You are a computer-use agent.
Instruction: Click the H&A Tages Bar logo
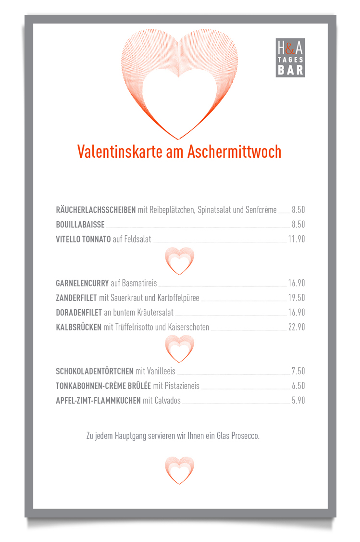tap(290, 57)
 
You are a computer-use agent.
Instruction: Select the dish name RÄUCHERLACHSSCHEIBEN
tap(96, 210)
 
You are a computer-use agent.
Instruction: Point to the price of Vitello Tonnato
tap(297, 239)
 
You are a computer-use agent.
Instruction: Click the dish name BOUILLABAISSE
tap(80, 225)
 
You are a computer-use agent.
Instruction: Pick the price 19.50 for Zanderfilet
tap(297, 298)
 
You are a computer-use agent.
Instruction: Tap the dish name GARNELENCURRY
tap(82, 283)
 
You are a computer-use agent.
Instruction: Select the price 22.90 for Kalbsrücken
tap(297, 328)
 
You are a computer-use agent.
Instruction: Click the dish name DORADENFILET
tap(79, 313)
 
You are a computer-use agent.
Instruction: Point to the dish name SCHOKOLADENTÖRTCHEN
tap(95, 371)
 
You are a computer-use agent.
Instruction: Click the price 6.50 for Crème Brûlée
tap(298, 386)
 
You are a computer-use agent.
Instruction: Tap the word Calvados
tap(167, 401)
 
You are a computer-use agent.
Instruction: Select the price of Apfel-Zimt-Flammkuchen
tap(298, 401)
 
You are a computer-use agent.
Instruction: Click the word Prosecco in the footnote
tap(245, 436)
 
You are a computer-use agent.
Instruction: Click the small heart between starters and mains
tap(179, 261)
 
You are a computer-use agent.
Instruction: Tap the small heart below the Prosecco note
tap(179, 470)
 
